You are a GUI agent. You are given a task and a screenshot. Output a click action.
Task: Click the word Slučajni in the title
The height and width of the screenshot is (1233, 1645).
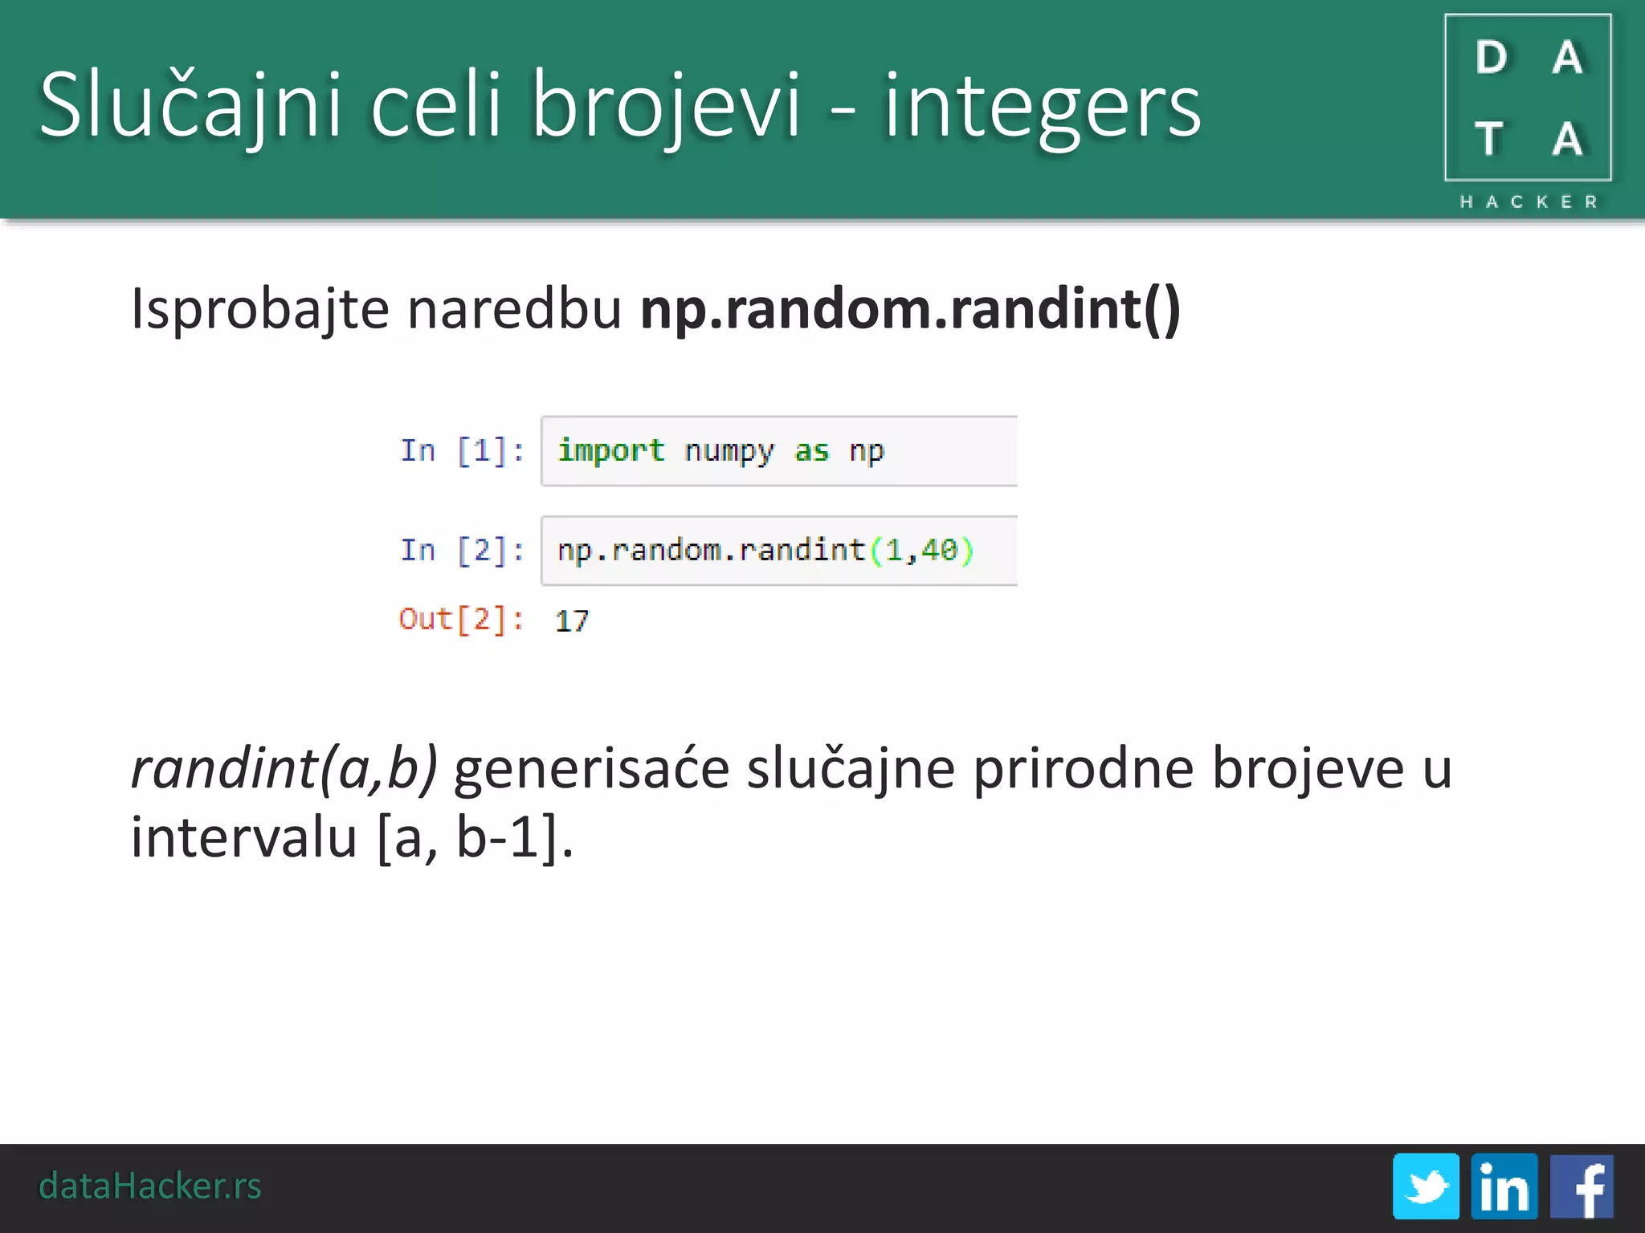tap(190, 104)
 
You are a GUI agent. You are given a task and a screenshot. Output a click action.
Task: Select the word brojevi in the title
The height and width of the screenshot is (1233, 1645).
tap(666, 104)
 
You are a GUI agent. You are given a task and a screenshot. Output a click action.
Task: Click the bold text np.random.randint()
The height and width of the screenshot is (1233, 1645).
tap(910, 309)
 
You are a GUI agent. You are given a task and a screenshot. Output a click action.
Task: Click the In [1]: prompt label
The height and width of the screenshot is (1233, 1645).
tap(462, 451)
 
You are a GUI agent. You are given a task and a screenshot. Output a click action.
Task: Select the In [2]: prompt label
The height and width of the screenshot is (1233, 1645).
tap(462, 551)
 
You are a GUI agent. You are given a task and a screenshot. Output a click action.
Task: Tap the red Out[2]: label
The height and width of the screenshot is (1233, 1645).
tap(461, 620)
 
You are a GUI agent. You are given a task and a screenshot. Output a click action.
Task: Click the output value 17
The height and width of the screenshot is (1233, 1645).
tap(572, 621)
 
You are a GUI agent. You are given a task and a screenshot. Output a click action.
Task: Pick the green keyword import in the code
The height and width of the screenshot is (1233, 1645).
tap(610, 451)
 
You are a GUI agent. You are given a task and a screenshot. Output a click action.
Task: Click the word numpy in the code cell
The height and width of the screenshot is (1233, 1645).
tap(729, 451)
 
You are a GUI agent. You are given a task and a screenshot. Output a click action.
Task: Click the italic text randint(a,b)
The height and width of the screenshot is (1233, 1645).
tap(284, 769)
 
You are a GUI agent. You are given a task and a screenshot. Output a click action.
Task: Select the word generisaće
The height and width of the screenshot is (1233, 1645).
tap(591, 769)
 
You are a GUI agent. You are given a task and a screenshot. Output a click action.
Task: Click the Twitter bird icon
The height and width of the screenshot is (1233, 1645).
tap(1426, 1186)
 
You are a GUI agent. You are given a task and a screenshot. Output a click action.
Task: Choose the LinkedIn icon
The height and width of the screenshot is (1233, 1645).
tap(1504, 1186)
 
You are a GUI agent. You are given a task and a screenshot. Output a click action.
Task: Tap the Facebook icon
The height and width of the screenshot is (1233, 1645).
tap(1581, 1186)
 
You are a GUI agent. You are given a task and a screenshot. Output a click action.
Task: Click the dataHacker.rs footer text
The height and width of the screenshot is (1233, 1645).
tap(150, 1186)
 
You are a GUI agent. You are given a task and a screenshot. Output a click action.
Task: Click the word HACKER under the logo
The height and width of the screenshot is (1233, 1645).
tap(1528, 202)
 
